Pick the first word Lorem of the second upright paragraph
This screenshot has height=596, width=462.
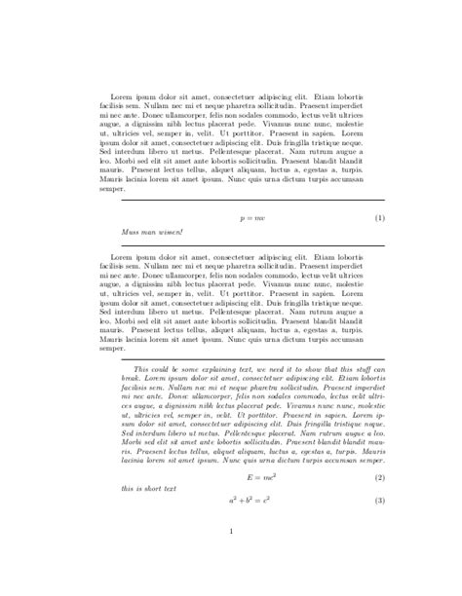(121, 257)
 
